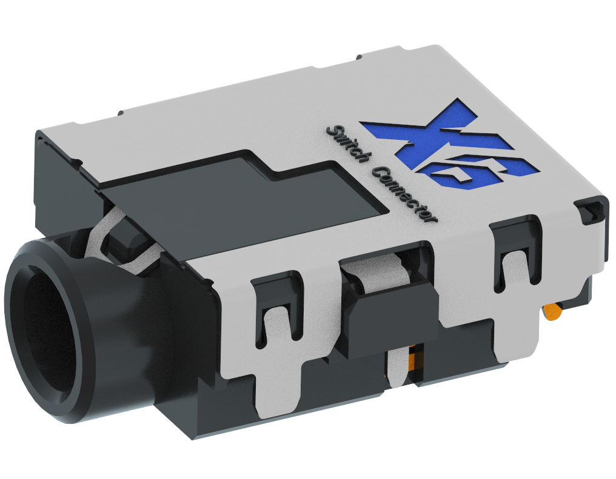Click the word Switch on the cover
[x=347, y=144]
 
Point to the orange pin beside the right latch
[x=552, y=312]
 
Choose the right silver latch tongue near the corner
[x=517, y=266]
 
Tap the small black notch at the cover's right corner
[x=591, y=213]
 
